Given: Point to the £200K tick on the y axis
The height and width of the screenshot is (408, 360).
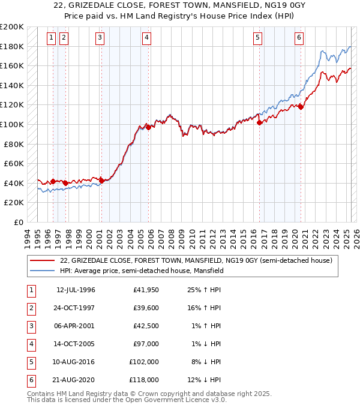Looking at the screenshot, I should [12, 27].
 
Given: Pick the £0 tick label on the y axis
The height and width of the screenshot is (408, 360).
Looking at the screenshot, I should [18, 222].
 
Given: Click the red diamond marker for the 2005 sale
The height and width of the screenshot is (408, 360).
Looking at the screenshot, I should [148, 127].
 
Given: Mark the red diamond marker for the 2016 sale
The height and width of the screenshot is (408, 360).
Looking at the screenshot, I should [260, 122].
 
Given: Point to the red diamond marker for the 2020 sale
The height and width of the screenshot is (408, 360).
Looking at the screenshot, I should [301, 107].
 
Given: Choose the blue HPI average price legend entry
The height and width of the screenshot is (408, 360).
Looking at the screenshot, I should [142, 271].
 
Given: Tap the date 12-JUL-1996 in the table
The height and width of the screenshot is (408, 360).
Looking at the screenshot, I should [76, 290].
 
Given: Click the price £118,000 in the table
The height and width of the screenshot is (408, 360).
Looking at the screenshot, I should [145, 380].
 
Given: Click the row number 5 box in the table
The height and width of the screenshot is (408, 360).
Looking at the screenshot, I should [31, 362].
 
